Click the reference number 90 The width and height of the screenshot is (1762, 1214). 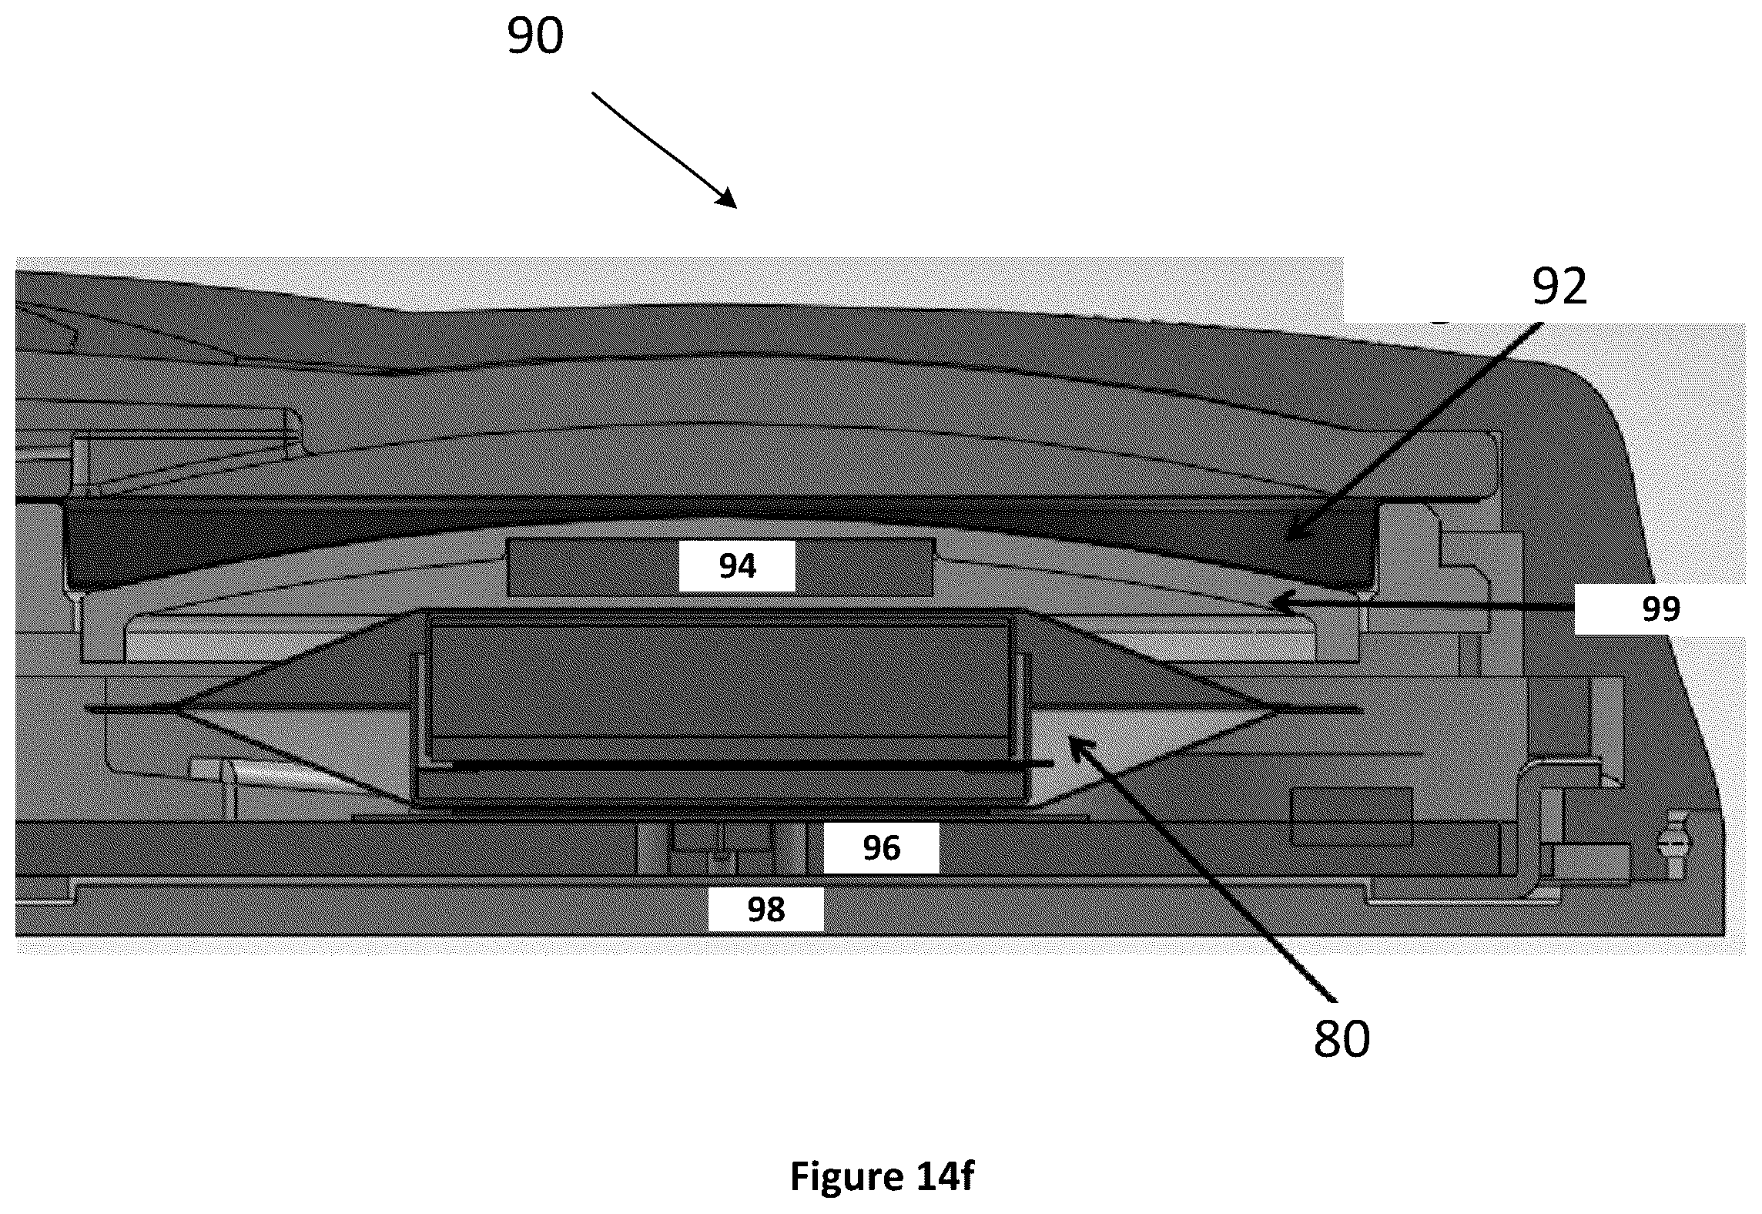coord(535,37)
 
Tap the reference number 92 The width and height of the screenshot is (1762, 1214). coord(1559,287)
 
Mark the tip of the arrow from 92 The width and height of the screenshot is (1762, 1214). coord(1285,542)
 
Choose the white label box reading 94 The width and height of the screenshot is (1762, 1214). coord(737,566)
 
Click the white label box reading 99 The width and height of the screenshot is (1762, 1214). coord(1660,609)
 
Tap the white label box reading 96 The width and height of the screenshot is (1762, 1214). coord(881,849)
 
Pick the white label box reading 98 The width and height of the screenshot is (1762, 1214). coord(765,910)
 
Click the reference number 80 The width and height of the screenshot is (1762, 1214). coord(1342,1039)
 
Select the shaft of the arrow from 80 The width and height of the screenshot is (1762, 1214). coord(1202,870)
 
